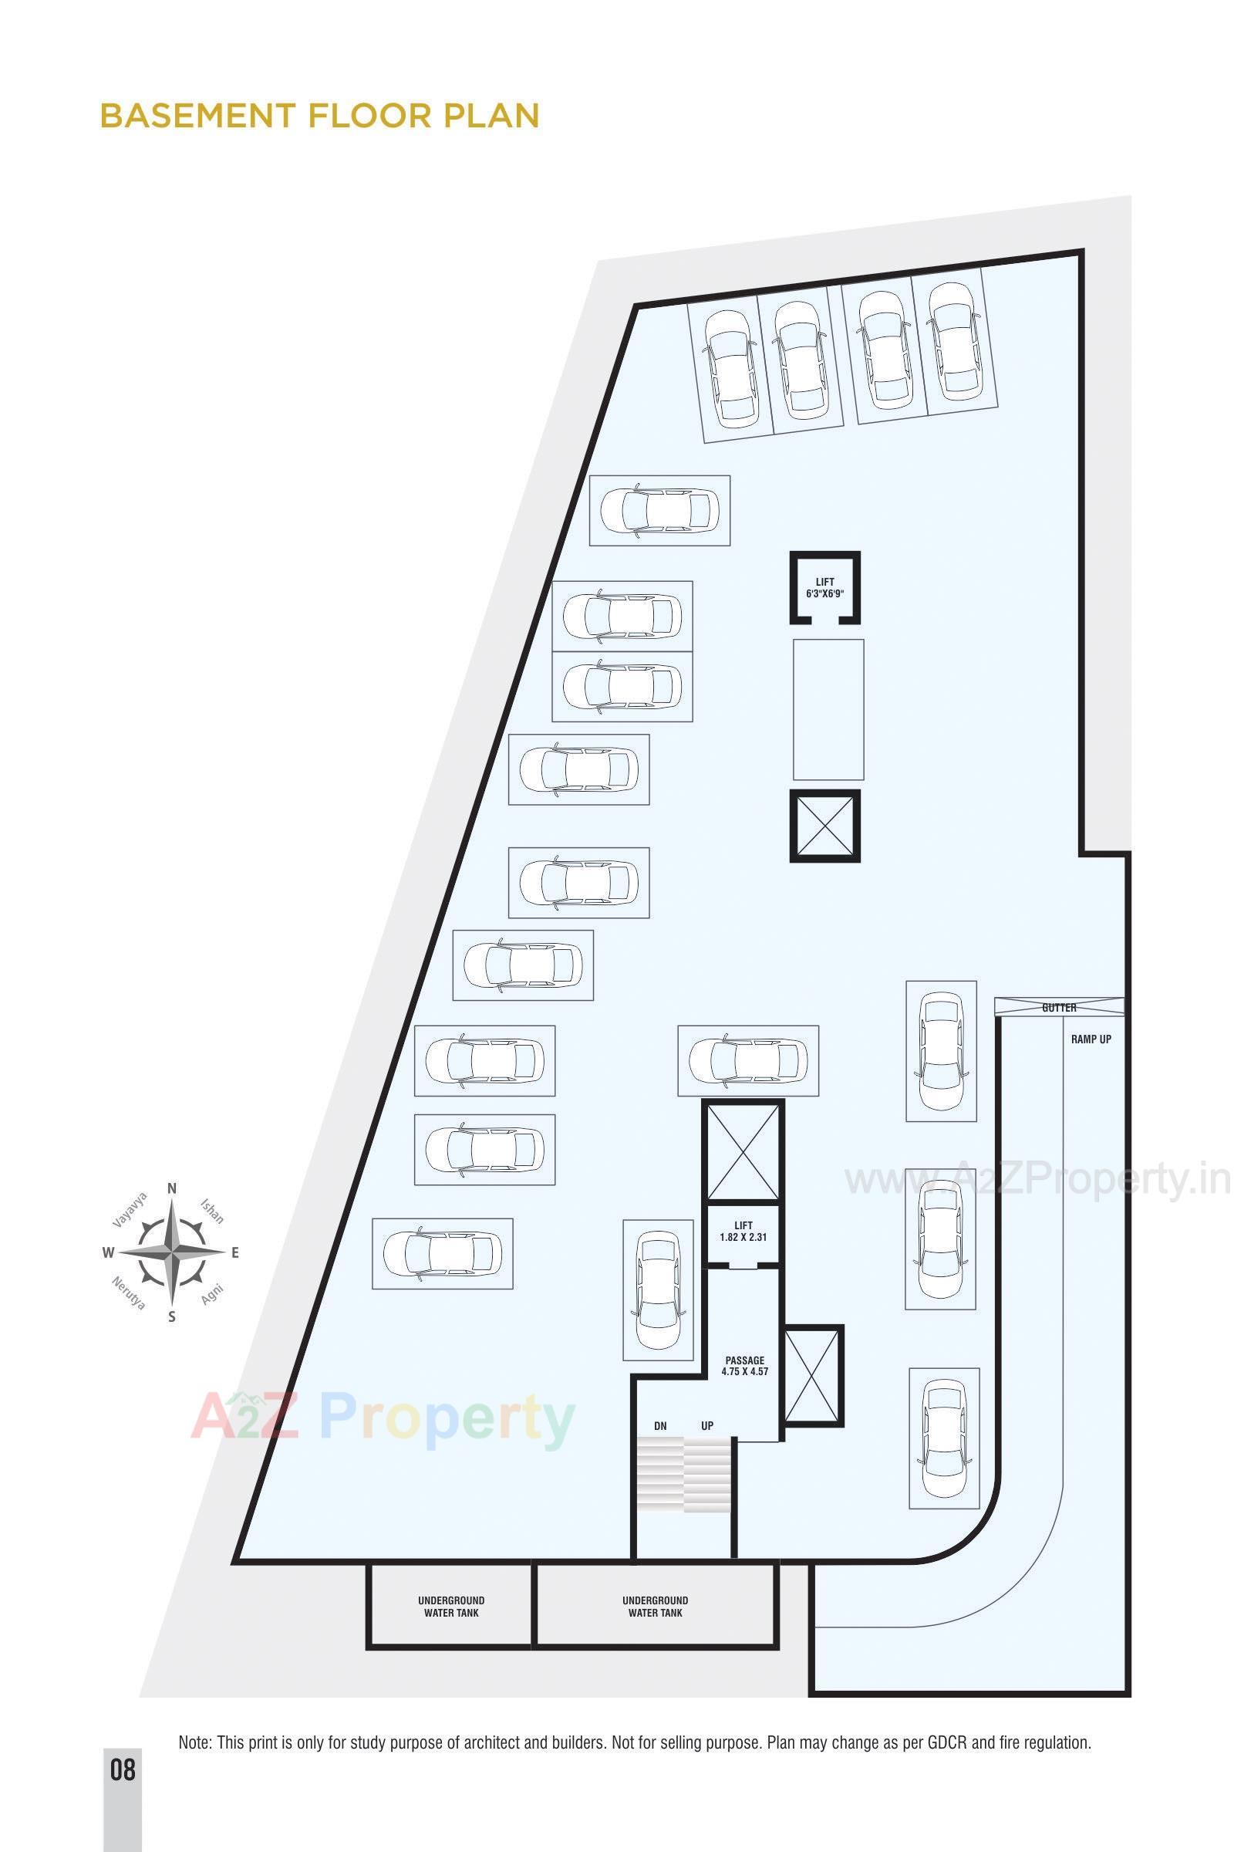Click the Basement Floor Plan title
coord(319,115)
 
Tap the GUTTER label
coord(1058,1008)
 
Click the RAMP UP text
coord(1091,1039)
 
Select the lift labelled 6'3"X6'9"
coord(824,588)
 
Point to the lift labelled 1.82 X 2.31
coord(743,1232)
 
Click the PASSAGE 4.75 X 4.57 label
coord(744,1365)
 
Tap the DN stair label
coord(660,1426)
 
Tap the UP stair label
coord(707,1426)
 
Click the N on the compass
coord(171,1188)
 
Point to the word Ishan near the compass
coord(211,1212)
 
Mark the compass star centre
coord(171,1252)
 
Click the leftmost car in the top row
coord(731,368)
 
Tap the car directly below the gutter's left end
coord(941,1051)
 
